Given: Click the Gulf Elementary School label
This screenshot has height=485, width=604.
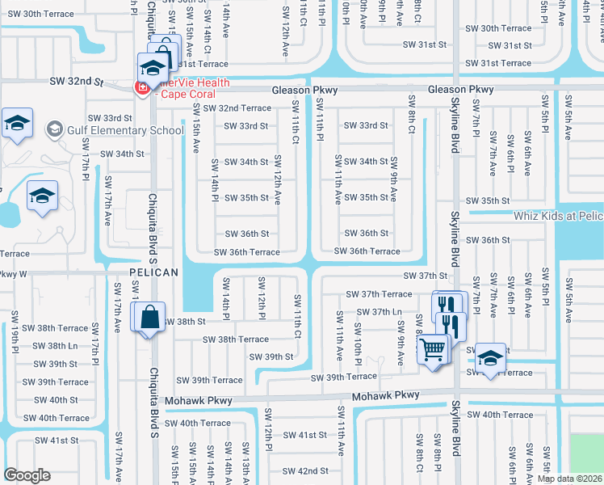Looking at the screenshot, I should tap(127, 130).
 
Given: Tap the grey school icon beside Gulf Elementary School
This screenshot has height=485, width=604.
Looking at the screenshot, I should tap(55, 129).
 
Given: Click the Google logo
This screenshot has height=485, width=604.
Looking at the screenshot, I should tap(27, 474).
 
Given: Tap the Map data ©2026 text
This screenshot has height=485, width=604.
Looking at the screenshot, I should tap(568, 479).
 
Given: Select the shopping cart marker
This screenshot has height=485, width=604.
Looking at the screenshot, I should tap(433, 349).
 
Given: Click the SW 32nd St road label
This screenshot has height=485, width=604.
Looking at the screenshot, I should tap(78, 82).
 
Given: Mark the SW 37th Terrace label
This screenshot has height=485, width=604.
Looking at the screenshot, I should tap(379, 294).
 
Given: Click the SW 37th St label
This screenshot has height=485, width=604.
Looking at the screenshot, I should tap(426, 276).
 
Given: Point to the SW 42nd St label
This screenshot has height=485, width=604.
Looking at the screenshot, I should tap(304, 470).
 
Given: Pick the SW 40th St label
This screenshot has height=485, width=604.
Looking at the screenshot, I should tap(52, 400).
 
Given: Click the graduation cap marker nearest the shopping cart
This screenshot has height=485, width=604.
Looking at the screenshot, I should tap(489, 357).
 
